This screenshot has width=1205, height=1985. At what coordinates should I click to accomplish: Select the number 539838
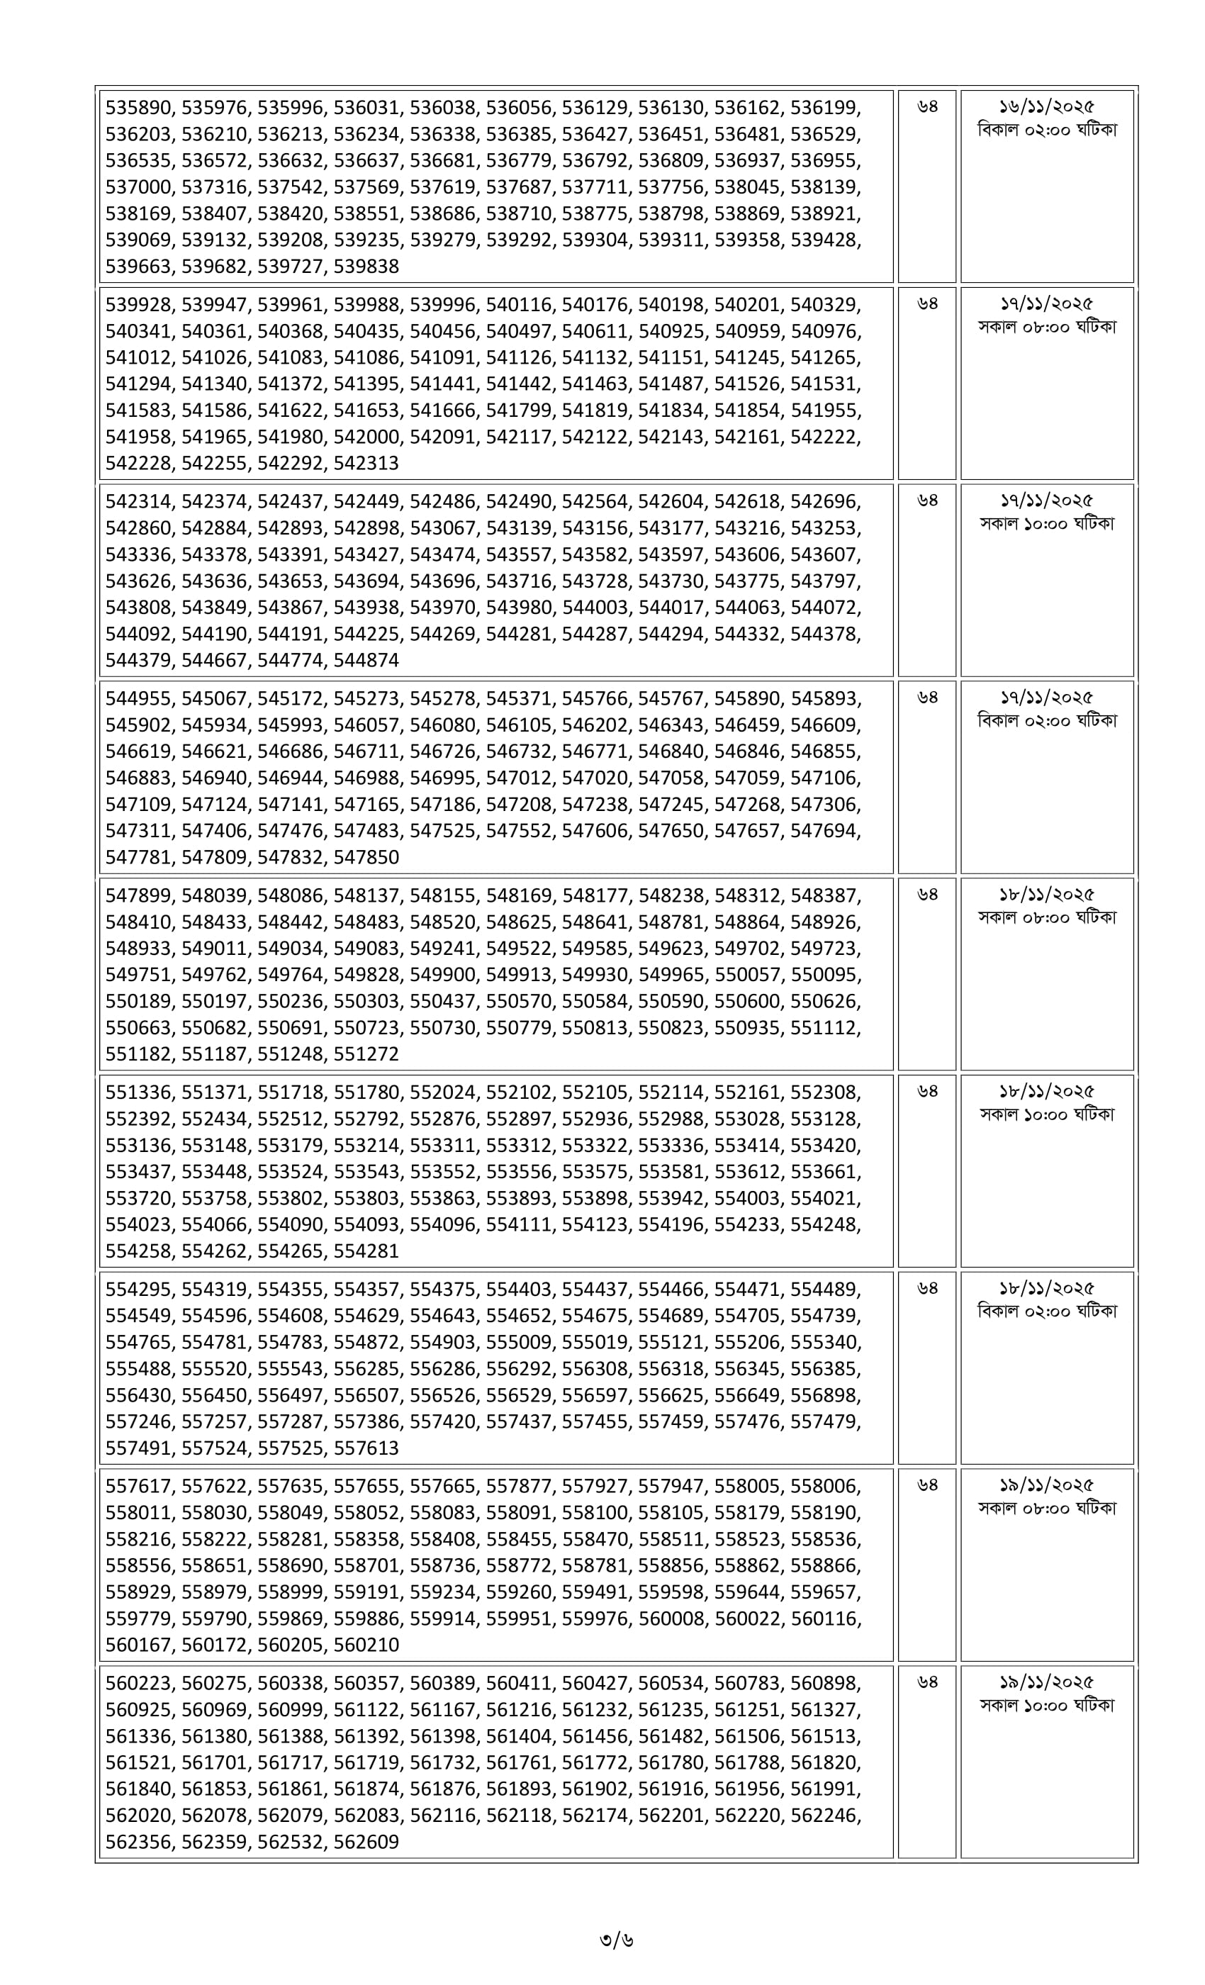point(366,267)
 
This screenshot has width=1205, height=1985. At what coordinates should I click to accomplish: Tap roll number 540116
point(518,305)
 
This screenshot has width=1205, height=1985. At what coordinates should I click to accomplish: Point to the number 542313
point(366,463)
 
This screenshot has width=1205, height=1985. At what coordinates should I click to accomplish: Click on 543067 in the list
point(442,528)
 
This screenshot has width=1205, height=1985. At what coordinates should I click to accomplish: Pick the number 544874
point(366,661)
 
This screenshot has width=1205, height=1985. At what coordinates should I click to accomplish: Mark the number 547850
point(366,857)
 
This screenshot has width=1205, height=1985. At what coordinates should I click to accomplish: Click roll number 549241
point(442,949)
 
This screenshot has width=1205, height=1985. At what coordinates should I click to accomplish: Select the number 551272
point(366,1055)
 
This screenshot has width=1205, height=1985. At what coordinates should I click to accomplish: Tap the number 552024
point(442,1092)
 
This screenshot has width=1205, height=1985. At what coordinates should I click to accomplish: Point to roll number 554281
point(366,1251)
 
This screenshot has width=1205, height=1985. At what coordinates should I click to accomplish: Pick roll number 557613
point(366,1448)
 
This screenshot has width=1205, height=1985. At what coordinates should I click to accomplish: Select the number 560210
point(366,1645)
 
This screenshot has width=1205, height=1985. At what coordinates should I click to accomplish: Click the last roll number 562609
point(366,1843)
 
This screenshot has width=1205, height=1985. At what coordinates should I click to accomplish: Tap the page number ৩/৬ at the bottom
point(616,1939)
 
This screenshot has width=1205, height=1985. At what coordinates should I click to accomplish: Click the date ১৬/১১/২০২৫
point(1046,107)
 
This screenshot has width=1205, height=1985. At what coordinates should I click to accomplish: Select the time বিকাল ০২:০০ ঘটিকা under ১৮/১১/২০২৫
point(1046,1312)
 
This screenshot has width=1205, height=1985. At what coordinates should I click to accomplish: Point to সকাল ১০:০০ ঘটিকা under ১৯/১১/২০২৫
point(1046,1706)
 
